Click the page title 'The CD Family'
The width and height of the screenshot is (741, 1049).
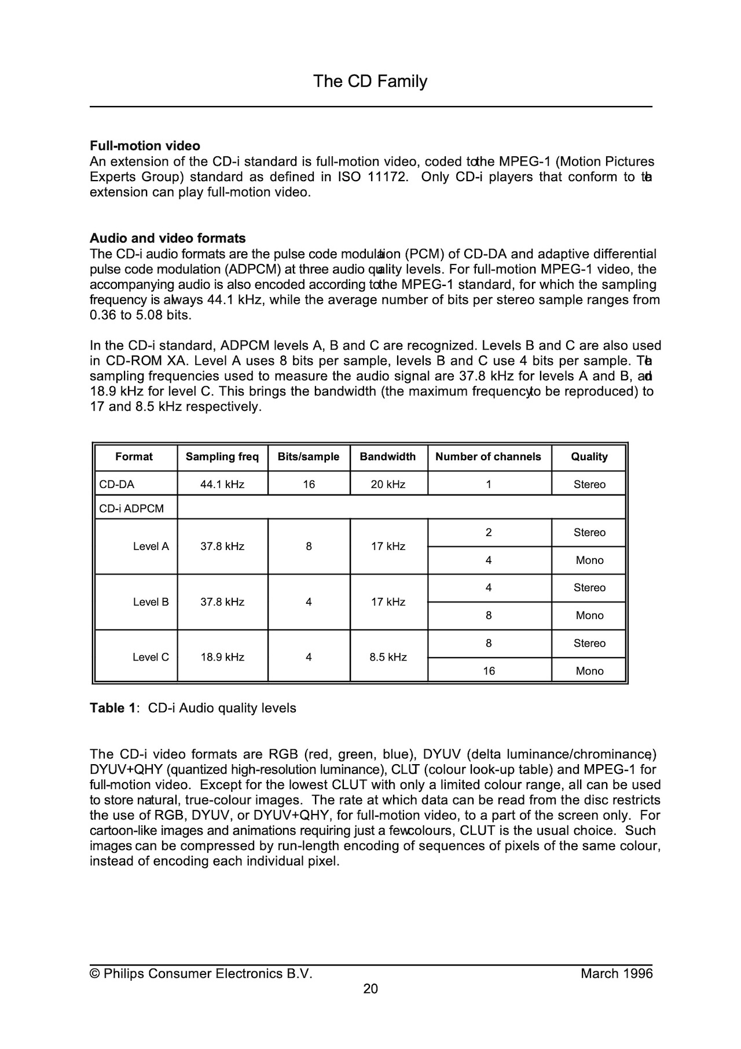[370, 81]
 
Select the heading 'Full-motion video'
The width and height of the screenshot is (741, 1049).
[145, 146]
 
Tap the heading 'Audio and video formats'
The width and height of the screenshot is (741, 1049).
[167, 239]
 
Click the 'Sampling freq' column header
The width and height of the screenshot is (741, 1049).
[222, 457]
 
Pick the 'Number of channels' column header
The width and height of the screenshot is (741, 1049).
[488, 457]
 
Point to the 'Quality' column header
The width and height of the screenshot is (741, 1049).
[589, 457]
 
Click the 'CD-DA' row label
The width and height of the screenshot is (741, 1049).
[117, 485]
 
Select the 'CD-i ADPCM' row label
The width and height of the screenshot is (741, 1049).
[131, 509]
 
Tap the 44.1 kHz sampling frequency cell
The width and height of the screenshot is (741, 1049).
[222, 485]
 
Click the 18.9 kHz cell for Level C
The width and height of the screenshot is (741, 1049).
[222, 657]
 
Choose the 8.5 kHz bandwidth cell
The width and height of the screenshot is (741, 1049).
[388, 657]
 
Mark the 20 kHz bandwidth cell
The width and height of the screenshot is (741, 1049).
[388, 485]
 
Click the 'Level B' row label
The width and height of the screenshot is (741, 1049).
[151, 602]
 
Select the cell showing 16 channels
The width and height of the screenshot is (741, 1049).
[489, 671]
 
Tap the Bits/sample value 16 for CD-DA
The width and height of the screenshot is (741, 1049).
[309, 485]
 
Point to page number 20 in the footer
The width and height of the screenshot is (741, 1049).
[370, 989]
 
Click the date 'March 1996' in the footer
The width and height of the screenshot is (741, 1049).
[616, 974]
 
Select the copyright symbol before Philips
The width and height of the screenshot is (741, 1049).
[95, 974]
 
